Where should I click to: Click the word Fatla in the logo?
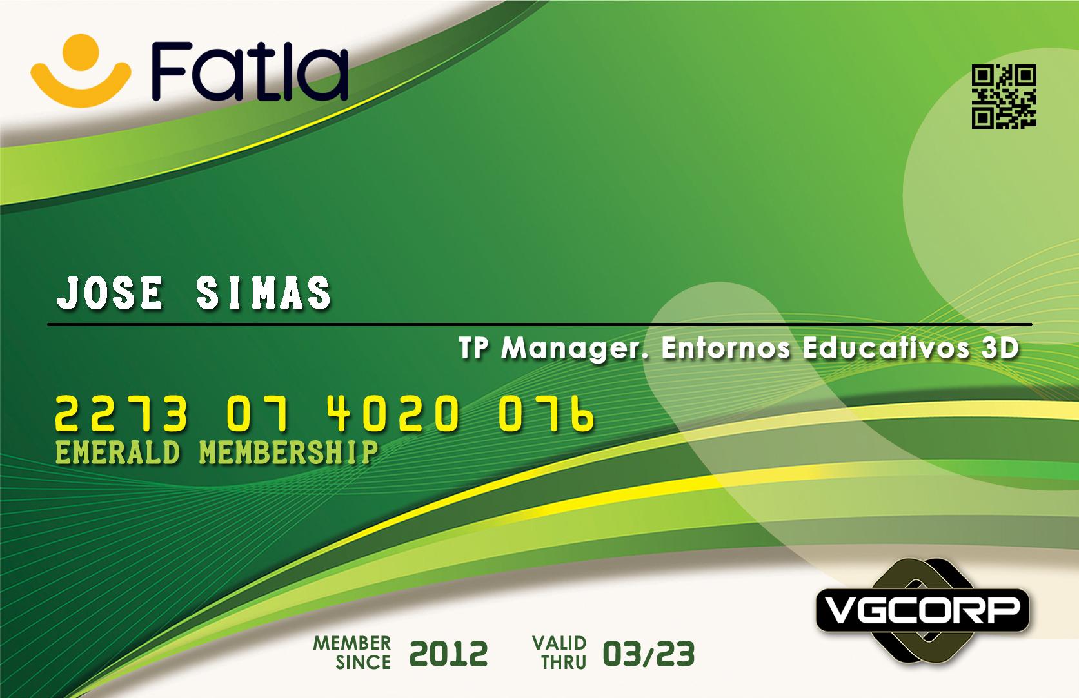[250, 72]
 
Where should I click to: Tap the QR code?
[1004, 96]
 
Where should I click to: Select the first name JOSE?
[110, 293]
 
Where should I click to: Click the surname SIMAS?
[264, 293]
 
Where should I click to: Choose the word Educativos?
[886, 347]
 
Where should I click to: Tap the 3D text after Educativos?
[1000, 347]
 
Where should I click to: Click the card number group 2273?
[121, 412]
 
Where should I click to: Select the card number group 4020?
[393, 412]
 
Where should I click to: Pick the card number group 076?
[546, 412]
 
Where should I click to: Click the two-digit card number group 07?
[258, 412]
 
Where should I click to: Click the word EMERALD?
[117, 452]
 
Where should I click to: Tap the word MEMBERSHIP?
[288, 452]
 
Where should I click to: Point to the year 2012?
[448, 654]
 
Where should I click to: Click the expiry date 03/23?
[648, 654]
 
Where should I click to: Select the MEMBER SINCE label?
[352, 653]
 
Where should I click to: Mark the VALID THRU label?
[559, 653]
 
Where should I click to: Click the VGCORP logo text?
[922, 610]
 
